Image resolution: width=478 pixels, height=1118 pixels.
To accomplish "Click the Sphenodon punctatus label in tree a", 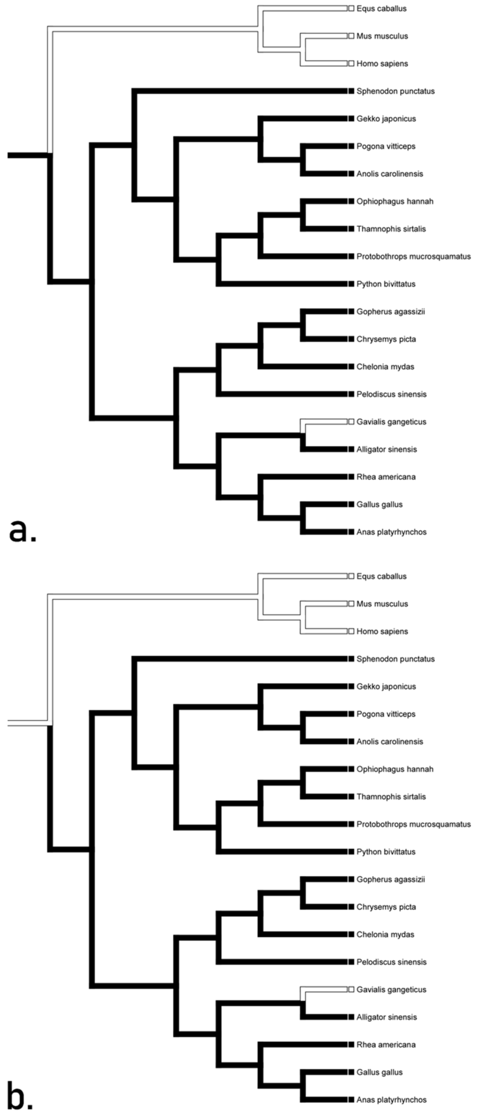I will [x=395, y=91].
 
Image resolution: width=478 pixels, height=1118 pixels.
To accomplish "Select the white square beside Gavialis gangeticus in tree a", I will [x=351, y=422].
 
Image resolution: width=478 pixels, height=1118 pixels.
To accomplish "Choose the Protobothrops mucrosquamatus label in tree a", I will [x=413, y=256].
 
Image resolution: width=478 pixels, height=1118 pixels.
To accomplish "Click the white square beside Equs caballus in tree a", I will [x=351, y=8].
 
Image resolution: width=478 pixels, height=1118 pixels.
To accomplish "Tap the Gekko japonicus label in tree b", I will [x=386, y=686].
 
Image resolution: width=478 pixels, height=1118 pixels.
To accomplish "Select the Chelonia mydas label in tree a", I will [x=385, y=367].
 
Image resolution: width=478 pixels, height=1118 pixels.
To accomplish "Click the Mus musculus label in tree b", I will [x=382, y=604].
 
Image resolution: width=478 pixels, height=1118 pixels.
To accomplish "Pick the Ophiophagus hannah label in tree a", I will [x=395, y=201].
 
